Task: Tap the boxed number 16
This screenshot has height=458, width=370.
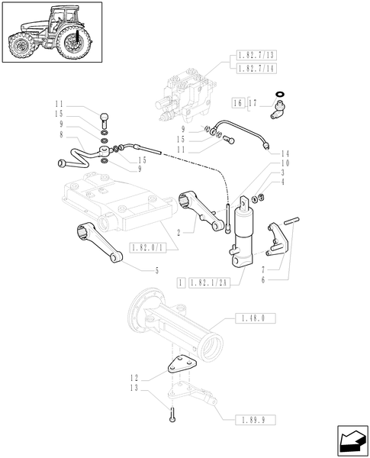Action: [x=237, y=102]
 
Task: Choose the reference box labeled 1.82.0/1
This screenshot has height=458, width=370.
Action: [x=150, y=248]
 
